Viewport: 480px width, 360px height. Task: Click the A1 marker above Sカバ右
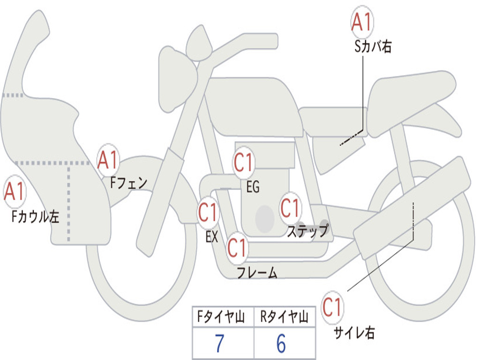click(x=362, y=22)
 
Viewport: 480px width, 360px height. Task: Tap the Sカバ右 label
click(x=373, y=47)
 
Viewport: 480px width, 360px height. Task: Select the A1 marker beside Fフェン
click(x=108, y=159)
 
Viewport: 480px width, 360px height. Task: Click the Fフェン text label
click(x=128, y=183)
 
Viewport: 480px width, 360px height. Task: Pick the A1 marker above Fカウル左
click(x=15, y=191)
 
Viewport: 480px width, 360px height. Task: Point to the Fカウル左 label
click(x=35, y=217)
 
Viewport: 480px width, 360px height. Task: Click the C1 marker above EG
click(x=244, y=162)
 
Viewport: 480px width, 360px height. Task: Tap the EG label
click(x=253, y=187)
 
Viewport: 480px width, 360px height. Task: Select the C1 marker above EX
click(x=208, y=212)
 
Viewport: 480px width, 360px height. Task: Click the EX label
click(x=212, y=237)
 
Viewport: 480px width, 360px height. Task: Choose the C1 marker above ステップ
click(x=290, y=208)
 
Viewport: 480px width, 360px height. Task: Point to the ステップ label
click(x=307, y=231)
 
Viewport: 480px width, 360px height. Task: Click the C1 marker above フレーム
click(x=237, y=247)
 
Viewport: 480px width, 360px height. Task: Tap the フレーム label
click(x=257, y=272)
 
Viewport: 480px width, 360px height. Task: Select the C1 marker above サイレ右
click(x=332, y=307)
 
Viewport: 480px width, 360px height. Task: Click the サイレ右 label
click(x=354, y=332)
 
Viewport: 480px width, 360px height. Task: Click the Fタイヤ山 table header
click(x=221, y=316)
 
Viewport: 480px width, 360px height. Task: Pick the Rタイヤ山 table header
click(x=284, y=316)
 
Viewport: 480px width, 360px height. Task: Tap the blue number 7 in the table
click(x=219, y=343)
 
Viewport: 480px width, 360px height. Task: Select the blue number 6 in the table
click(x=281, y=343)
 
